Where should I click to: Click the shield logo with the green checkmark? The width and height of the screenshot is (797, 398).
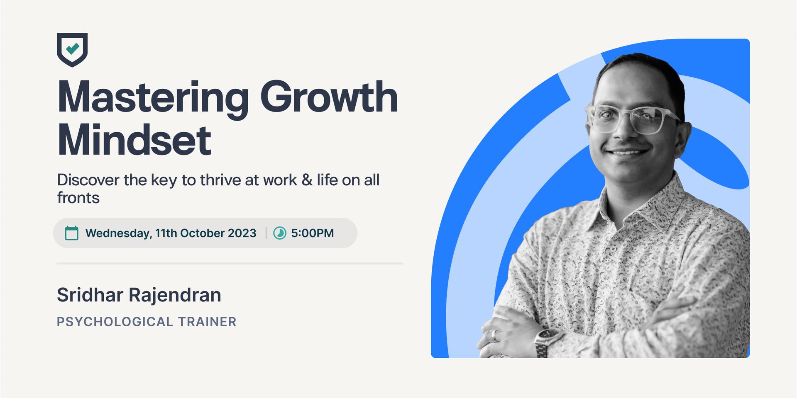click(x=72, y=49)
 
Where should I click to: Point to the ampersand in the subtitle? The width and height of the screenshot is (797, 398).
click(x=307, y=180)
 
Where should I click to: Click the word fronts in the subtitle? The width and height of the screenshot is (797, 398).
click(x=78, y=198)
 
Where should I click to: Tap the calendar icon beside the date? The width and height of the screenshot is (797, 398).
click(x=72, y=233)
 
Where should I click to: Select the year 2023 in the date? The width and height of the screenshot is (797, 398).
click(x=242, y=233)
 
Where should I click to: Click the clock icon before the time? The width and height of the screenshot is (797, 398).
click(x=280, y=233)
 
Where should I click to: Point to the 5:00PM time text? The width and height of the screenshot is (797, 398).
click(x=312, y=233)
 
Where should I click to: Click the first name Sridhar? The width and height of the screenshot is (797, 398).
click(x=90, y=295)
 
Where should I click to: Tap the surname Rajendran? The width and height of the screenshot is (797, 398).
click(x=175, y=295)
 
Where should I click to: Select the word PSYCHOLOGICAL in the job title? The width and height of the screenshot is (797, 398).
click(x=115, y=322)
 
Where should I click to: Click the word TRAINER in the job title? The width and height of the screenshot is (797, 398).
click(x=207, y=322)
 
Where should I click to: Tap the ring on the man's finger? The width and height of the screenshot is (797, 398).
click(x=494, y=335)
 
